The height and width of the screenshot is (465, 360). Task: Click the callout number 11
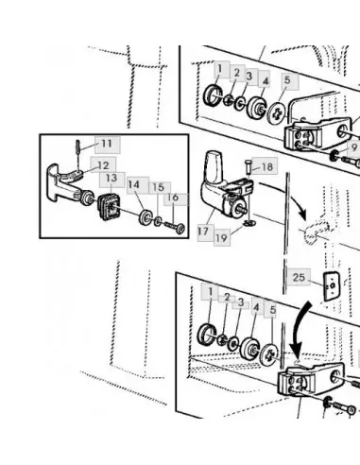pyautogui.click(x=107, y=144)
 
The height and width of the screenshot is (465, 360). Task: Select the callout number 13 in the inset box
pyautogui.click(x=111, y=178)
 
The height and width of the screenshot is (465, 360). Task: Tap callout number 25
pyautogui.click(x=299, y=278)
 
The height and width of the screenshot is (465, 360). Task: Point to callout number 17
pyautogui.click(x=203, y=232)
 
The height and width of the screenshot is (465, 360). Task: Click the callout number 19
pyautogui.click(x=221, y=238)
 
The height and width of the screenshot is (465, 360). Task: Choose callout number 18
pyautogui.click(x=267, y=166)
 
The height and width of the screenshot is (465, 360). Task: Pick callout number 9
pyautogui.click(x=354, y=147)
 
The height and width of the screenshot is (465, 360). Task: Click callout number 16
pyautogui.click(x=173, y=198)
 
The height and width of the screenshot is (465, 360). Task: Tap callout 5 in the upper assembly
pyautogui.click(x=287, y=79)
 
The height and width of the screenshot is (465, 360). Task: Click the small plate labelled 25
pyautogui.click(x=332, y=286)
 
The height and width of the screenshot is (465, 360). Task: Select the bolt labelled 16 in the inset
pyautogui.click(x=174, y=228)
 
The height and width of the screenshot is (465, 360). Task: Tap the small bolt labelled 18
pyautogui.click(x=248, y=165)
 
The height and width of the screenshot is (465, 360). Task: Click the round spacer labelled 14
pyautogui.click(x=146, y=217)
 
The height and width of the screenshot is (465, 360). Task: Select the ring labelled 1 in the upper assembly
pyautogui.click(x=214, y=95)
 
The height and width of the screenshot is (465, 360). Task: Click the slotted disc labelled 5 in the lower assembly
pyautogui.click(x=269, y=355)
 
